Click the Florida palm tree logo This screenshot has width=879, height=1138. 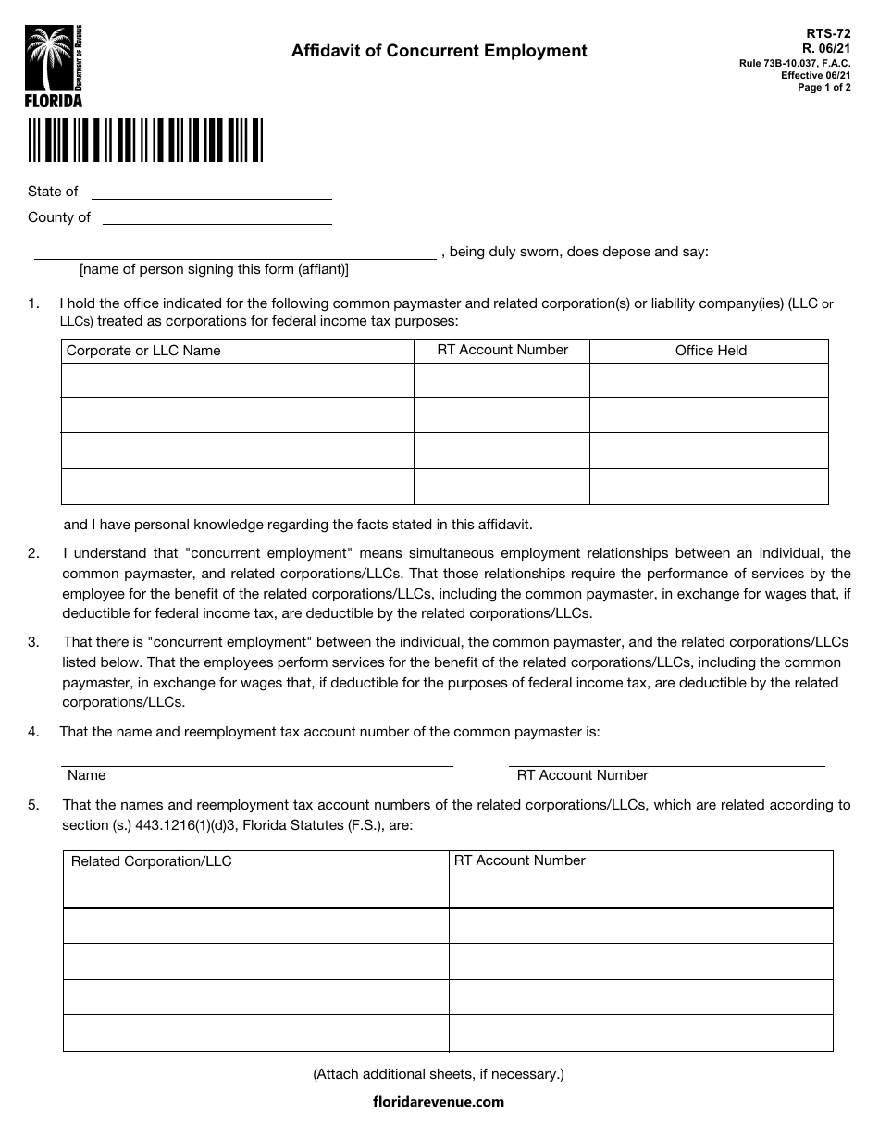coord(54,66)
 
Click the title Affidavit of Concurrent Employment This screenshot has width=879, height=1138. coord(439,51)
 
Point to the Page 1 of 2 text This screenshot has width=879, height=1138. coord(824,87)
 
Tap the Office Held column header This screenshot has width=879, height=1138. coord(710,351)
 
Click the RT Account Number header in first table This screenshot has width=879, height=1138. coord(501,350)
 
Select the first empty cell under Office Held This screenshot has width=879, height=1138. coord(709,380)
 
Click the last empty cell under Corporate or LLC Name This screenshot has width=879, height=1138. coord(237,487)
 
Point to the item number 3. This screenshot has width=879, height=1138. coord(33,642)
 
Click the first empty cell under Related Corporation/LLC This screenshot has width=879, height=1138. coord(255,890)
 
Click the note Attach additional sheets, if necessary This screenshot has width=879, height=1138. coord(438,1074)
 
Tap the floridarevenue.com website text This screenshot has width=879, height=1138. coord(438,1101)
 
